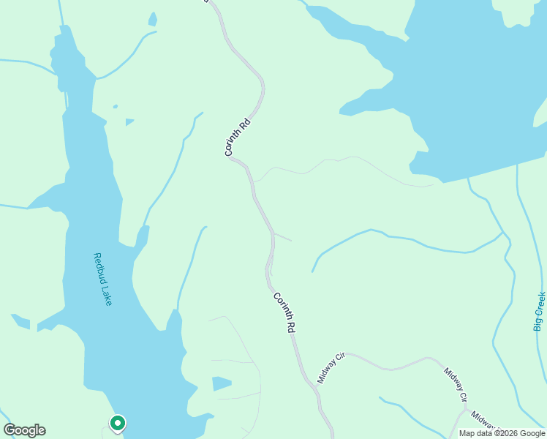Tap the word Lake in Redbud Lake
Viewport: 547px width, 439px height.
[x=107, y=296]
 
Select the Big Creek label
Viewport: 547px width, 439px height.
[x=540, y=312]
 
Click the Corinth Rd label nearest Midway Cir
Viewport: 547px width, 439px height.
[x=284, y=313]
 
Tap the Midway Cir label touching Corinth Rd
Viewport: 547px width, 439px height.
[x=331, y=368]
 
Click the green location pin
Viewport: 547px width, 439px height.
[x=117, y=423]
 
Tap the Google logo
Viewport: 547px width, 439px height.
[x=24, y=430]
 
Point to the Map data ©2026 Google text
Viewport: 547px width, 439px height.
[x=502, y=433]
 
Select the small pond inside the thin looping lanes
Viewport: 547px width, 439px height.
[x=222, y=383]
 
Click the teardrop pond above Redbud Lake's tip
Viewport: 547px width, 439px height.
[x=152, y=19]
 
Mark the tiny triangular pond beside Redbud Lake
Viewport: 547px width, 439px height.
[x=129, y=121]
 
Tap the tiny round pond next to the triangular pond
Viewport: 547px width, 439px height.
[x=115, y=107]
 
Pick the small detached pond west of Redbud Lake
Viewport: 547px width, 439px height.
[x=20, y=321]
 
